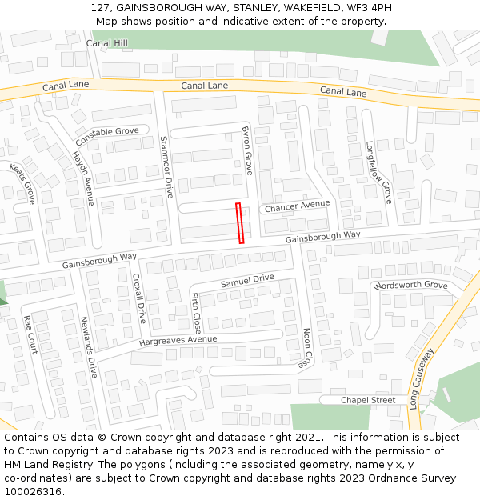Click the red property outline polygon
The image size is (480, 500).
pyautogui.click(x=240, y=222)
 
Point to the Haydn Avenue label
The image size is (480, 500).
pyautogui.click(x=82, y=178)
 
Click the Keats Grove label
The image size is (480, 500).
pyautogui.click(x=23, y=183)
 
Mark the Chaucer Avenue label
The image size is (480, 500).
pyautogui.click(x=297, y=206)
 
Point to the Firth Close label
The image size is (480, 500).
pyautogui.click(x=196, y=312)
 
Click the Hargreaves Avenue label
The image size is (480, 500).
pyautogui.click(x=178, y=339)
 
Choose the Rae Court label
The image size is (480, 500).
pyautogui.click(x=30, y=334)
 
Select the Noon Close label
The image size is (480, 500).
pyautogui.click(x=306, y=347)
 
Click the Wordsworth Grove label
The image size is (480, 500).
pyautogui.click(x=410, y=286)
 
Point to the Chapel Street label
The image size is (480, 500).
pyautogui.click(x=368, y=400)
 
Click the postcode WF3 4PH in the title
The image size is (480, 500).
pyautogui.click(x=370, y=7)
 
